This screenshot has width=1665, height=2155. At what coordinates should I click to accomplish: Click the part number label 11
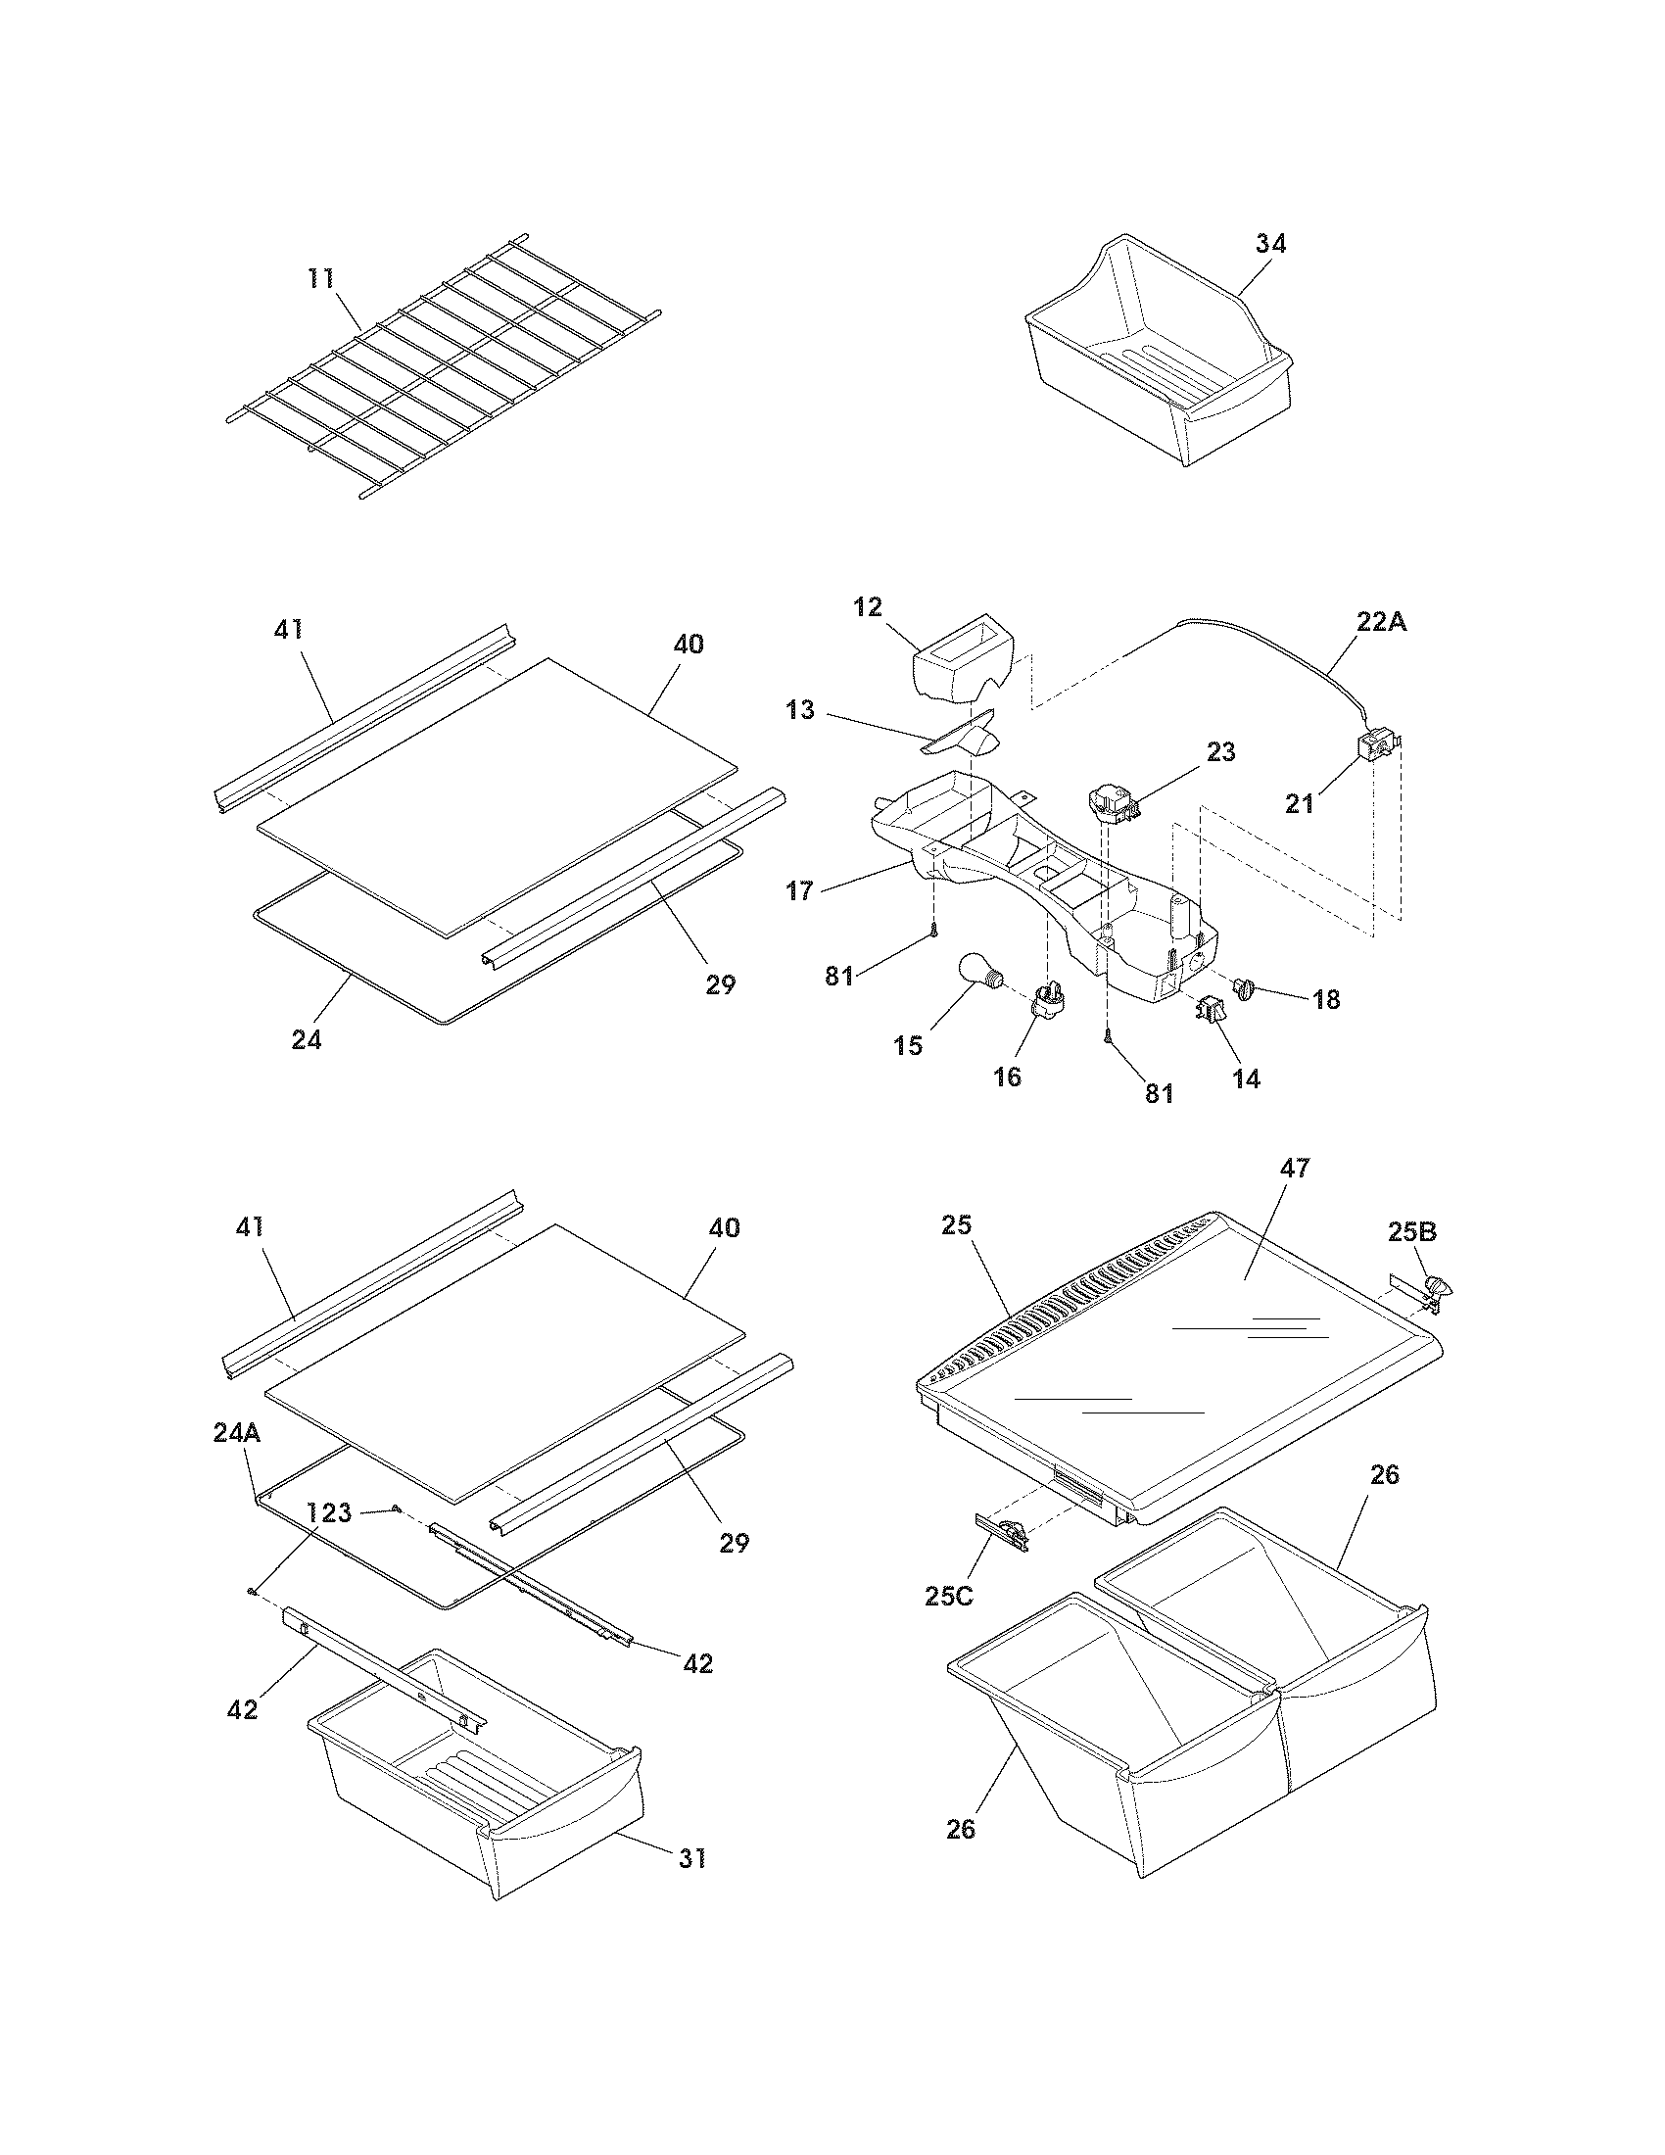pos(321,279)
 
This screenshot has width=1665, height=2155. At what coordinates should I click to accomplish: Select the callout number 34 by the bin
pos(1271,244)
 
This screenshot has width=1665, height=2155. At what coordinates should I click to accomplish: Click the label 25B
pos(1413,1232)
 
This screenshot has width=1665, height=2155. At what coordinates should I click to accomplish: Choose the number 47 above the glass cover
pos(1294,1169)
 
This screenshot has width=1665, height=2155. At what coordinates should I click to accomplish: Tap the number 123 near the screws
pos(328,1511)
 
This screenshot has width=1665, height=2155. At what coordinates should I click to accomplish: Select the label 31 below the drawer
pos(692,1859)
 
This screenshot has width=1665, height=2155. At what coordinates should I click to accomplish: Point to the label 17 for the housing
pos(800,891)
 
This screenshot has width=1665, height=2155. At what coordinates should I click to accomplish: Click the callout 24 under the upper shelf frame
pos(307,1039)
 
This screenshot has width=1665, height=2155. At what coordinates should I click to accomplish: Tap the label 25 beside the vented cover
pos(957,1225)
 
